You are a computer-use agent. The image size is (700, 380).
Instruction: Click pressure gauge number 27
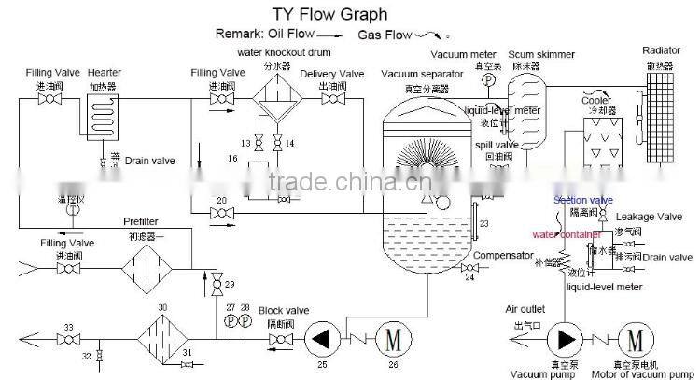coord(230,322)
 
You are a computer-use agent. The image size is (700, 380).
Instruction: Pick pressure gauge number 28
coord(245,322)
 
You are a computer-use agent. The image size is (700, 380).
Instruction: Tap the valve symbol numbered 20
coord(222,216)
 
